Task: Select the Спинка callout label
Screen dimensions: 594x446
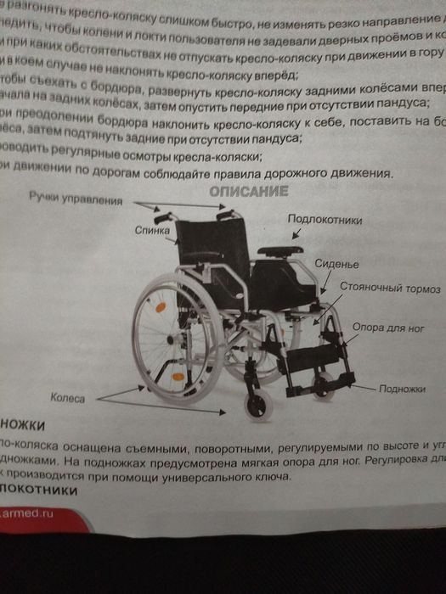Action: click(x=154, y=230)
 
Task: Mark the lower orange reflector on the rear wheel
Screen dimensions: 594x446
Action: click(x=178, y=377)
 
